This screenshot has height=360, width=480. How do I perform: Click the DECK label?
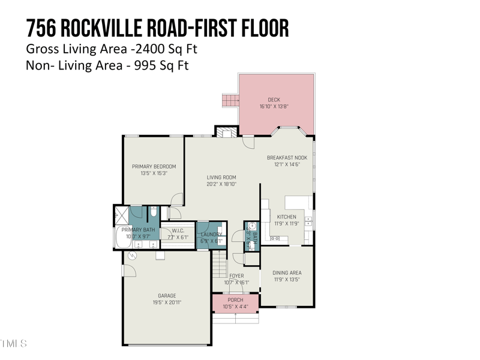pyautogui.click(x=274, y=100)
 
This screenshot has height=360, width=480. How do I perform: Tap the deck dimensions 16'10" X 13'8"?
pyautogui.click(x=274, y=106)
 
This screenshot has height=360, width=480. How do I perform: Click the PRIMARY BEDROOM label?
pyautogui.click(x=154, y=166)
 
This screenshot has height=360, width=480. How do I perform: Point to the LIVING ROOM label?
pyautogui.click(x=221, y=177)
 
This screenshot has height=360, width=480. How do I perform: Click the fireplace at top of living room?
pyautogui.click(x=226, y=132)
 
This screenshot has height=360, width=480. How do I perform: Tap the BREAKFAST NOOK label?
pyautogui.click(x=287, y=157)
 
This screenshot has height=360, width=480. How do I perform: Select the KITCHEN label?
pyautogui.click(x=286, y=217)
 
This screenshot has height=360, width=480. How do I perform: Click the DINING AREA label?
pyautogui.click(x=286, y=272)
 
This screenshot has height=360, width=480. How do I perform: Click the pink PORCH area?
pyautogui.click(x=235, y=303)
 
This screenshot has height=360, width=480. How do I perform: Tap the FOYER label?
pyautogui.click(x=236, y=276)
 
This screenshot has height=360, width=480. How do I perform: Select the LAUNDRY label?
pyautogui.click(x=211, y=235)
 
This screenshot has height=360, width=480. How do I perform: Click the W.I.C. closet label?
pyautogui.click(x=178, y=230)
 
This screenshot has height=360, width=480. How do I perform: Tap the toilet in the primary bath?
pyautogui.click(x=154, y=212)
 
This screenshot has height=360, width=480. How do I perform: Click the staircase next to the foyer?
pyautogui.click(x=220, y=263)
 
